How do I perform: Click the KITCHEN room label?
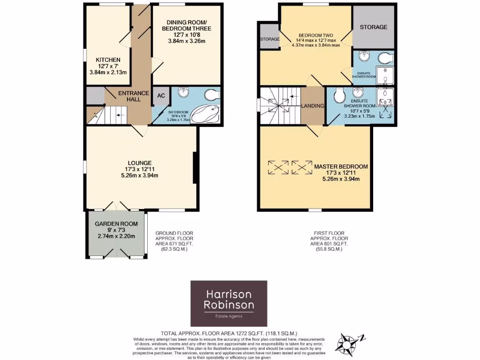(108, 60)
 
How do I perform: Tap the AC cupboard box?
(161, 96)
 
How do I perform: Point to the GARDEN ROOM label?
(116, 224)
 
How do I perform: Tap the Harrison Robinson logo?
(229, 300)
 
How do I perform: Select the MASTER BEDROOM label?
(341, 166)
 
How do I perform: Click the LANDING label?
(313, 106)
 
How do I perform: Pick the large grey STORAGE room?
(373, 27)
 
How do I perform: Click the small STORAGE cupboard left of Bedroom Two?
(270, 39)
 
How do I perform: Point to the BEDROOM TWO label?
(316, 35)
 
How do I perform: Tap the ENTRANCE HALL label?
(134, 97)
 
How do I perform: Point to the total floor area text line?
(229, 333)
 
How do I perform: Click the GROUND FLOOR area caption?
(174, 241)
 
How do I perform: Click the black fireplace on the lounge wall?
(195, 167)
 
